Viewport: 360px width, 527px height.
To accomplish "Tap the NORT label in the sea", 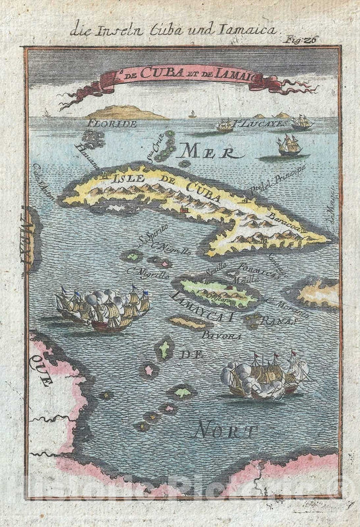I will pos(224,429).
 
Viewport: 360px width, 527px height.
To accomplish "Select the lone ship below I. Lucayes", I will pos(289,144).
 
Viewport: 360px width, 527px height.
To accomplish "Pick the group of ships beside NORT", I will pos(267,376).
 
